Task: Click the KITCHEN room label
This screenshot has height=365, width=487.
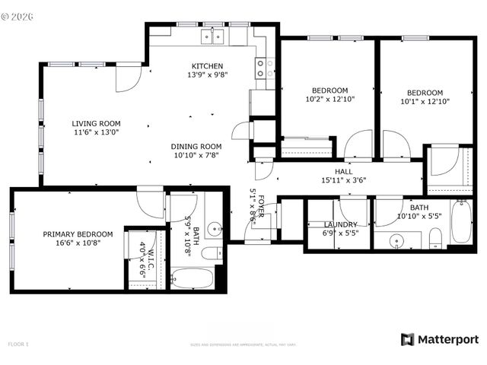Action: [x=207, y=65]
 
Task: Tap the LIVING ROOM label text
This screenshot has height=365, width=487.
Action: [x=96, y=123]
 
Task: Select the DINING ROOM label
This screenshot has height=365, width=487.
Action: [x=196, y=146]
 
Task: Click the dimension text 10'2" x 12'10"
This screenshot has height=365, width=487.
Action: [x=329, y=99]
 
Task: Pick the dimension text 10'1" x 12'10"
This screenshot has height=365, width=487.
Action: [x=425, y=100]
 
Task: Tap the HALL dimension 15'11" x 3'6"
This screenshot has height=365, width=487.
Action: [x=345, y=181]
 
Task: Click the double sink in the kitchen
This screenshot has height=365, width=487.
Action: [x=212, y=35]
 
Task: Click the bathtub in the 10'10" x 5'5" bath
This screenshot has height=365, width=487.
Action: [x=460, y=222]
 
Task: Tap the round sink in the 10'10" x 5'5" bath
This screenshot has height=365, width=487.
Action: [x=396, y=242]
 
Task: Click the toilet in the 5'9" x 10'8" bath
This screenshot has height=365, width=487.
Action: [x=213, y=253]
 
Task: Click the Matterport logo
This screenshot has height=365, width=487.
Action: [x=440, y=339]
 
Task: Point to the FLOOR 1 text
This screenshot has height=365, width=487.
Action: [x=18, y=344]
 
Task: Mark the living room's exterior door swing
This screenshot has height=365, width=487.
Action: [x=128, y=78]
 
